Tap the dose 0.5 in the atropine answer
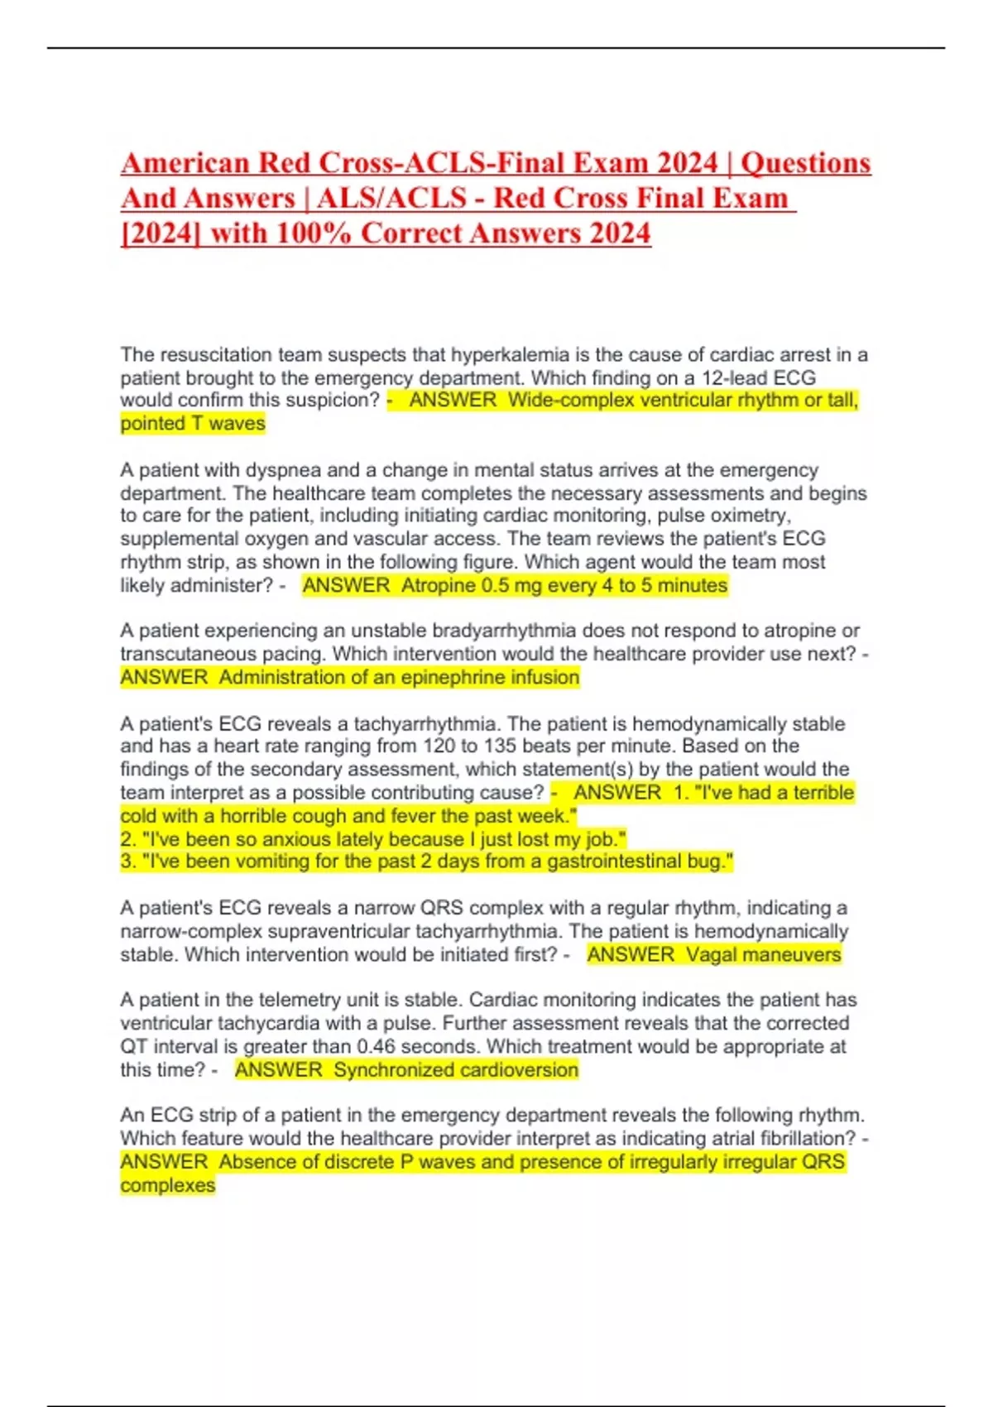498,586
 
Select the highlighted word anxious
295,839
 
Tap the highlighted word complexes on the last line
168,1185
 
